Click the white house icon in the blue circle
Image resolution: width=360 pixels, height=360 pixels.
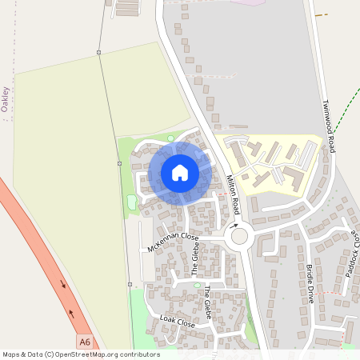180,173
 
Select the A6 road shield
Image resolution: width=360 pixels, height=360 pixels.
85,342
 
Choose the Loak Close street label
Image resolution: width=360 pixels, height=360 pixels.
178,322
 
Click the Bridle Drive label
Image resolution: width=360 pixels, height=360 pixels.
310,284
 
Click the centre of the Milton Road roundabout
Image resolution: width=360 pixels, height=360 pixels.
239,237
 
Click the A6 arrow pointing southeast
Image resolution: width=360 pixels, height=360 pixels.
62,283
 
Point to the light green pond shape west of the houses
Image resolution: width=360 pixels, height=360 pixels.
131,203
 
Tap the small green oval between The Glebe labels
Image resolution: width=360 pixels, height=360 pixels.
197,285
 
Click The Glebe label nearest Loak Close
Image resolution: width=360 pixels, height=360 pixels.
208,302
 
